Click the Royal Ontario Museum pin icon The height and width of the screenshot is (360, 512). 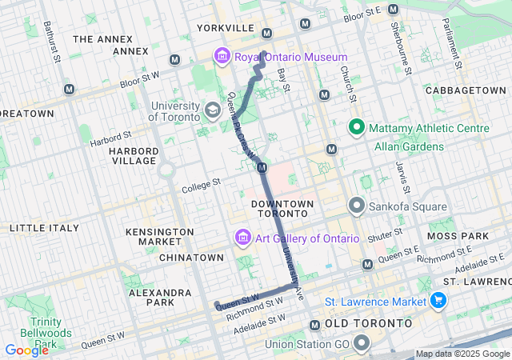222,57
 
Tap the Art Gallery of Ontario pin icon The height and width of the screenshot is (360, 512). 242,238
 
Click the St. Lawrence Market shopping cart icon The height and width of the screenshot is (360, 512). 438,301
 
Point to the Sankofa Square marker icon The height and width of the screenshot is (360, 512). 356,206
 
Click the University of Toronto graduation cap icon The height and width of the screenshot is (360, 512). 213,110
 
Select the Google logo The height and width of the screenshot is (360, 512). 26,350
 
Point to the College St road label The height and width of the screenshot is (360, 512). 200,186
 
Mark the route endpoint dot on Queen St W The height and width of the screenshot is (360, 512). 217,304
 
